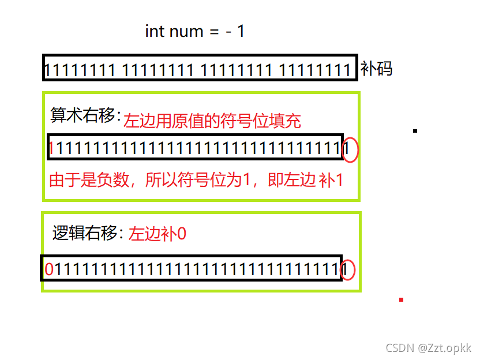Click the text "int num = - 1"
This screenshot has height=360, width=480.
pyautogui.click(x=195, y=31)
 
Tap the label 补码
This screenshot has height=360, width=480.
pyautogui.click(x=377, y=69)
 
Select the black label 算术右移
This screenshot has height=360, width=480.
pyautogui.click(x=84, y=115)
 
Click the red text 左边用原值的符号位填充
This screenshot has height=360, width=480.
pyautogui.click(x=212, y=121)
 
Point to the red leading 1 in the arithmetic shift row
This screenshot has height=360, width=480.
pyautogui.click(x=51, y=149)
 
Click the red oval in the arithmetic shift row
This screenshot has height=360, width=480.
pyautogui.click(x=350, y=150)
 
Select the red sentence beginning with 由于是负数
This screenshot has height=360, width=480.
pyautogui.click(x=196, y=180)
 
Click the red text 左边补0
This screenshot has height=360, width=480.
pyautogui.click(x=157, y=234)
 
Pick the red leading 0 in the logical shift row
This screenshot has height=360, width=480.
pyautogui.click(x=49, y=269)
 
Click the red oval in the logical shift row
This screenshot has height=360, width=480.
pyautogui.click(x=347, y=269)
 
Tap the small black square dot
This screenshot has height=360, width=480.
pyautogui.click(x=415, y=131)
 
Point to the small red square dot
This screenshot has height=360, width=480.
pyautogui.click(x=401, y=299)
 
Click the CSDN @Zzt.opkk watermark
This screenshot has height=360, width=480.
pyautogui.click(x=428, y=348)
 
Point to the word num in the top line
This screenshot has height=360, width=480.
pyautogui.click(x=186, y=31)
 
